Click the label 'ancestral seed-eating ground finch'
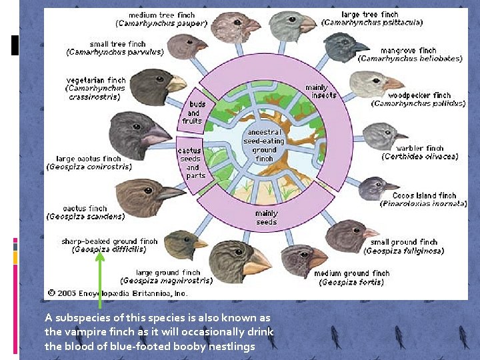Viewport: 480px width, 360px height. click(264, 145)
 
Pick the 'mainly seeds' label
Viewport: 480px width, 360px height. click(266, 218)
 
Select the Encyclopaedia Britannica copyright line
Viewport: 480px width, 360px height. click(119, 293)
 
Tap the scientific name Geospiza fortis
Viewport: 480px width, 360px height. click(351, 282)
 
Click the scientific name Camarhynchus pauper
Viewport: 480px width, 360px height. click(161, 23)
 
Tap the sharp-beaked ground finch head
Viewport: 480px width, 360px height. click(185, 244)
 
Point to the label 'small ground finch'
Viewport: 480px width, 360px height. click(403, 242)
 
